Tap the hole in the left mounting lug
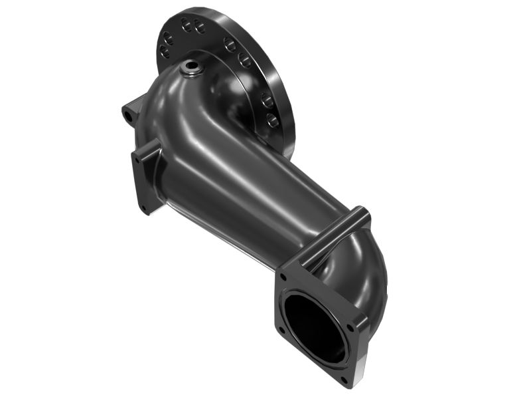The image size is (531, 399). click(x=127, y=116)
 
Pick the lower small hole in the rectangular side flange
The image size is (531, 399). click(x=144, y=208)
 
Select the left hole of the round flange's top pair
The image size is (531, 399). click(x=186, y=25)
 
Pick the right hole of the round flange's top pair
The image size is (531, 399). click(x=199, y=28)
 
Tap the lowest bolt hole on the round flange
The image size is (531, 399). click(x=272, y=121)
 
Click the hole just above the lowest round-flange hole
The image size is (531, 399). click(x=267, y=101)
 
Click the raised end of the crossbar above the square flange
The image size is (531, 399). click(x=362, y=214)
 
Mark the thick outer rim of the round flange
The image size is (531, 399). click(x=282, y=80)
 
